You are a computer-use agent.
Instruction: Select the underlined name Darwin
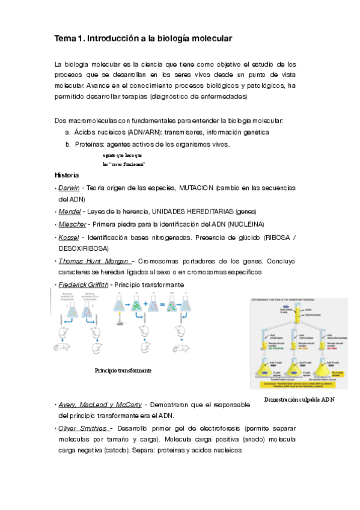click(69, 188)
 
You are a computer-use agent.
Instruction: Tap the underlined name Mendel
click(70, 212)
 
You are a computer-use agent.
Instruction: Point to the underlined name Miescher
click(72, 224)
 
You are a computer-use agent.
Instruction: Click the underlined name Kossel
click(69, 237)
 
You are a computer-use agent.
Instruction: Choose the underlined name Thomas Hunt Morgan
click(94, 261)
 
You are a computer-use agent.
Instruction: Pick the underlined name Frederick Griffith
click(84, 284)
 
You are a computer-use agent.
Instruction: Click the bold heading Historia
click(66, 175)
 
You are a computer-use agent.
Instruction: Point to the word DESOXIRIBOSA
click(84, 248)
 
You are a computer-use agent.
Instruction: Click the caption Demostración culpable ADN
click(299, 399)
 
